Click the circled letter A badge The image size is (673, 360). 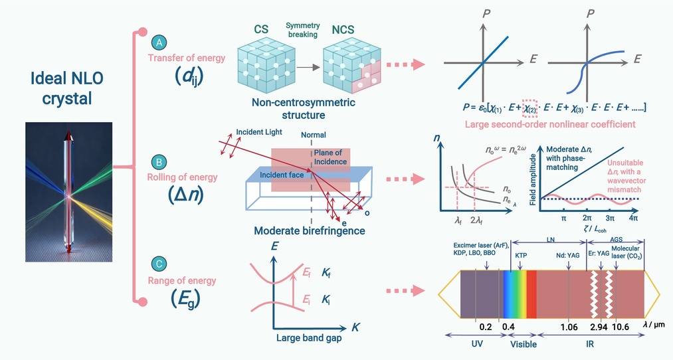[159, 43]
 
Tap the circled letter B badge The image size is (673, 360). [159, 162]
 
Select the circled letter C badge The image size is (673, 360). [159, 264]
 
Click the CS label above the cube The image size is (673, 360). [261, 29]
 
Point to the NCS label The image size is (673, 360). [343, 29]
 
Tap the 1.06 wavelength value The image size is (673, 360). [569, 327]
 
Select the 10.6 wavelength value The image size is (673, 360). [620, 327]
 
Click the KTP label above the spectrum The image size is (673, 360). [521, 255]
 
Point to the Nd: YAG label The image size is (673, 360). [567, 255]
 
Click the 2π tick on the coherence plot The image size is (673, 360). [587, 218]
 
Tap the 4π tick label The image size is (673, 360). [634, 218]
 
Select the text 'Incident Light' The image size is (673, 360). [259, 132]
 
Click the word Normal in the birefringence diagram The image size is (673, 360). [314, 135]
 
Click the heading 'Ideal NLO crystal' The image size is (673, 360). [67, 88]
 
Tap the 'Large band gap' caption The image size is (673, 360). [309, 337]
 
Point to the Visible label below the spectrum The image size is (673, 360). [524, 344]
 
